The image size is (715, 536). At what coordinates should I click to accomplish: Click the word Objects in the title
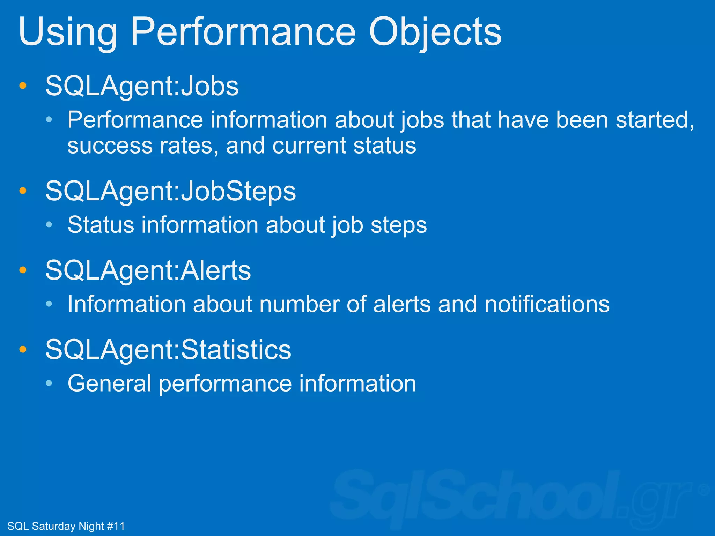435,32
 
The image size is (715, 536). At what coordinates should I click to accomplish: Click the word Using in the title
68,32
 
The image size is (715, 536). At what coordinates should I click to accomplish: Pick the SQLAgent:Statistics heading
168,350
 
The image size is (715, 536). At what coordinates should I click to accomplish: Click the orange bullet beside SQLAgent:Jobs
23,86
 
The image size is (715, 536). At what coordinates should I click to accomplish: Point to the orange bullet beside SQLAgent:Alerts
23,270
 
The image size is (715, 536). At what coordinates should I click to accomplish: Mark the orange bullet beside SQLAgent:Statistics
23,349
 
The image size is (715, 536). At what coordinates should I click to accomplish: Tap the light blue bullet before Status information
49,225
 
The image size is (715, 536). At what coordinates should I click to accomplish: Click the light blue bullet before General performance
49,384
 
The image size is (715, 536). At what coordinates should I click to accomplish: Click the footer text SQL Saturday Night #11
66,526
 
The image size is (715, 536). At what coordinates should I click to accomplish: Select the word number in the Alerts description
299,304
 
